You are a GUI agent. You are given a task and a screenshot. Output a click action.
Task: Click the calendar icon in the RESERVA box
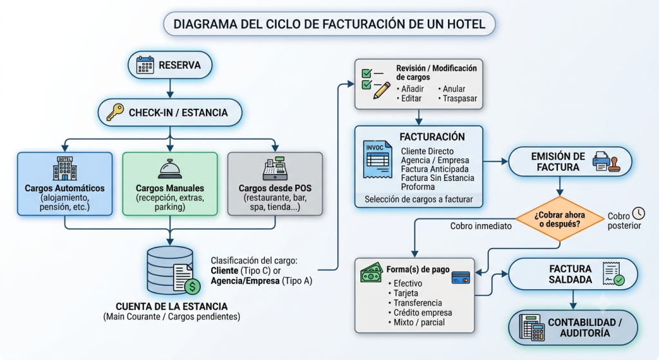(145, 65)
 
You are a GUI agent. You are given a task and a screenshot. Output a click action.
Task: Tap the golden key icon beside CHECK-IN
(115, 112)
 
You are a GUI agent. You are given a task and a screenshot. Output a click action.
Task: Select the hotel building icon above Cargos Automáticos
(65, 168)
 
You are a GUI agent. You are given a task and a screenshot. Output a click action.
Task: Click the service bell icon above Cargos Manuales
(170, 169)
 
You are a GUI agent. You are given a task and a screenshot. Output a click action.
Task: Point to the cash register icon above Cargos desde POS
(275, 168)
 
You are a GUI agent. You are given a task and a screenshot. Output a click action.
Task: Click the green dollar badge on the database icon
(192, 287)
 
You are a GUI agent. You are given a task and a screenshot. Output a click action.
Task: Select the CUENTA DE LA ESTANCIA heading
(171, 307)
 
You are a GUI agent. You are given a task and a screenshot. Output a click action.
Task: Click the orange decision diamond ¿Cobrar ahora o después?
(559, 219)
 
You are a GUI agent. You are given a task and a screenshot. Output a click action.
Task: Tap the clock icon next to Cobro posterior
(638, 213)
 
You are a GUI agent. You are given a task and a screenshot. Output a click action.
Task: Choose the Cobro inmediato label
(481, 226)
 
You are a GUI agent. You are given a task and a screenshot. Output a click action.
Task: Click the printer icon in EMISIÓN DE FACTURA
(602, 161)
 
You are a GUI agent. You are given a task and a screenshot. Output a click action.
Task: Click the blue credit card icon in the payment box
(461, 278)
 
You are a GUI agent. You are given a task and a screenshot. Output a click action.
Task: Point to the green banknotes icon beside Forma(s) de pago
(371, 272)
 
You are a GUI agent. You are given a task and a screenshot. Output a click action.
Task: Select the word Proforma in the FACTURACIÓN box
(418, 187)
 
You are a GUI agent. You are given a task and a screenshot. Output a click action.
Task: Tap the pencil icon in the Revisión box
(382, 91)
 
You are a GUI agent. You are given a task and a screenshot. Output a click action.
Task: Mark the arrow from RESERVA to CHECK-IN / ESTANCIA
(170, 88)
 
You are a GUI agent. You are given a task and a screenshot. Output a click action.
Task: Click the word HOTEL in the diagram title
(466, 24)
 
